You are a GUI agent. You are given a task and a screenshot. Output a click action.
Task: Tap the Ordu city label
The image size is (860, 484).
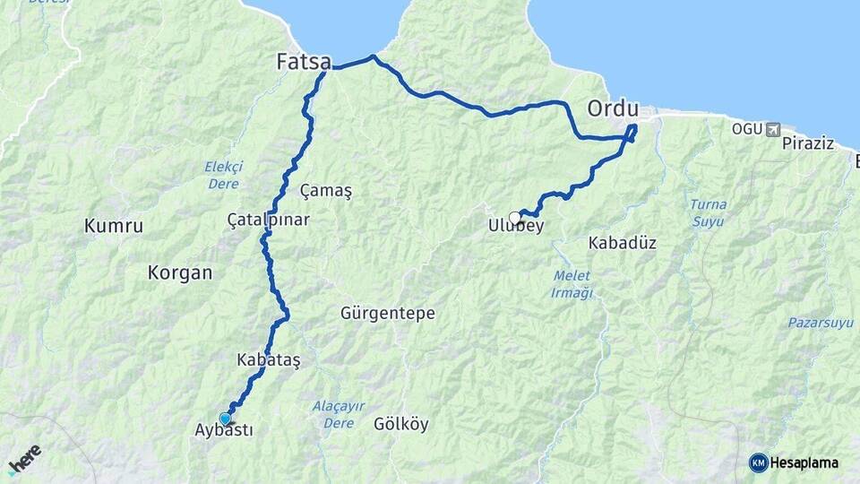point(613,108)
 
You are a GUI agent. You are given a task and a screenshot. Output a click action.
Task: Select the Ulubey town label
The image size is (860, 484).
point(516,227)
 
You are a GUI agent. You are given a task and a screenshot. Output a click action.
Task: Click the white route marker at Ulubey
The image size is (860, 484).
point(514,217)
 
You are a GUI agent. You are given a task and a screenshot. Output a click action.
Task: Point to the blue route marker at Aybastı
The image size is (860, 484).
point(224,418)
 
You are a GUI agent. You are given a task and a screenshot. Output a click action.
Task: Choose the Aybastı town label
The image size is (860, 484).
point(224,430)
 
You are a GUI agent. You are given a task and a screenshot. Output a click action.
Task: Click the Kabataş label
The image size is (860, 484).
point(268,359)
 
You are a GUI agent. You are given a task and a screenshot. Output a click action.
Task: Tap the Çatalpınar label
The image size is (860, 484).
point(268,219)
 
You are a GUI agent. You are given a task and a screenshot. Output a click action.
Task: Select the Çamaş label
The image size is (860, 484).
point(326,191)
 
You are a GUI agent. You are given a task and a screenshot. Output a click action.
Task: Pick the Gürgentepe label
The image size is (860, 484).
point(387,314)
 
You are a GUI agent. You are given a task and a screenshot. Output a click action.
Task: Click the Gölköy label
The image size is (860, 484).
point(400,424)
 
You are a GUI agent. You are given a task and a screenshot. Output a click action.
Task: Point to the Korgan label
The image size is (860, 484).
point(180,273)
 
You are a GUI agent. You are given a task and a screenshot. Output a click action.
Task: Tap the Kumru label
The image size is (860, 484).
point(114,226)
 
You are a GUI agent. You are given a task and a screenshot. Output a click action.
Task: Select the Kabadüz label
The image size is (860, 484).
point(623,243)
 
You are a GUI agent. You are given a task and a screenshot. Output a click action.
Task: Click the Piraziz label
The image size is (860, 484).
point(808,143)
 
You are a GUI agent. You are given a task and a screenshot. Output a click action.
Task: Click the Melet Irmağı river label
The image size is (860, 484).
point(572,285)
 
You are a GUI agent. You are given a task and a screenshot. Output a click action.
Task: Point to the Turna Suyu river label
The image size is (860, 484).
point(708,212)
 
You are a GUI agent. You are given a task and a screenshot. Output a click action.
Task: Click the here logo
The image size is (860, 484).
point(24,458)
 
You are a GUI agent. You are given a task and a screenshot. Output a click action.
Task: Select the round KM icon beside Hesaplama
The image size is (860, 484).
point(758,462)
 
